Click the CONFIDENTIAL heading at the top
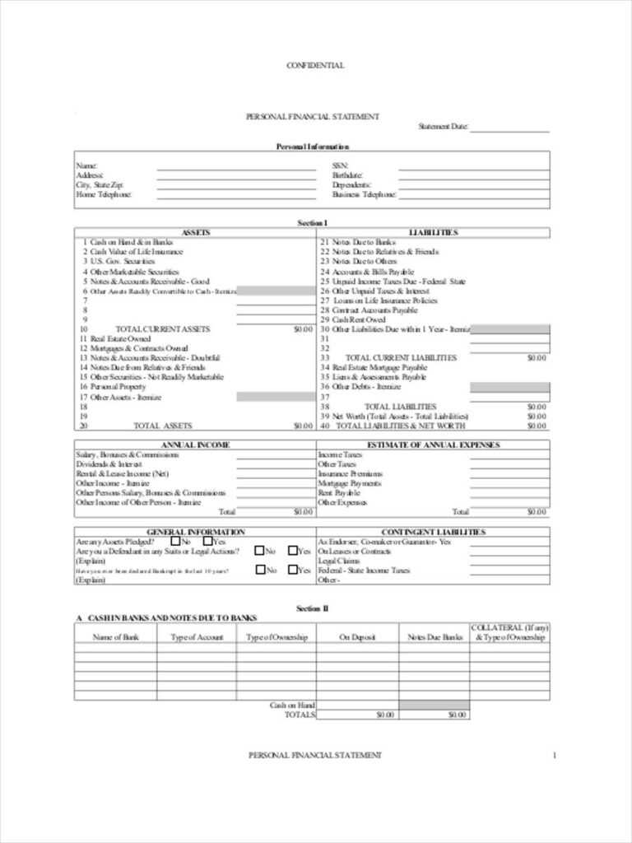315,66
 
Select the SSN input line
474,166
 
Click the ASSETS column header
195,233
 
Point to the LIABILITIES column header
433,233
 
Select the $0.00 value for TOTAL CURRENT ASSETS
303,329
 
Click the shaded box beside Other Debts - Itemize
509,387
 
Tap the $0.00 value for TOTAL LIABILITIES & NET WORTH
537,426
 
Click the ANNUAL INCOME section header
195,445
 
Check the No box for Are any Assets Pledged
175,542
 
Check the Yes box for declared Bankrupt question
293,570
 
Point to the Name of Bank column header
115,637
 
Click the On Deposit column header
358,637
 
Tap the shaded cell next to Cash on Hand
434,706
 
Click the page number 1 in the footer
555,755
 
